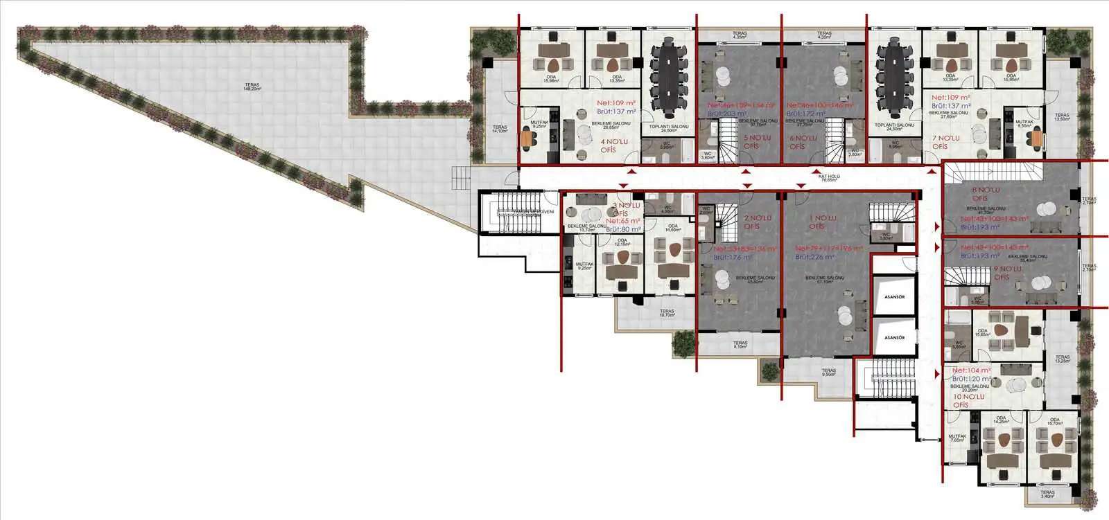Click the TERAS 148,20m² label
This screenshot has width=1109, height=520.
tap(252, 87)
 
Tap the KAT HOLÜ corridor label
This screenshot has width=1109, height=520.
tap(829, 178)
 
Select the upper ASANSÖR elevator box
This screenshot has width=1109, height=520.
tap(894, 297)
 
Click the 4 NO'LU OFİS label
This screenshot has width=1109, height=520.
tap(613, 145)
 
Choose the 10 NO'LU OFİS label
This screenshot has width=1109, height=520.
tap(968, 400)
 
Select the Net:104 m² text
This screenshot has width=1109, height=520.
tap(971, 371)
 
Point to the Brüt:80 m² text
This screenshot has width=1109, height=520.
tap(623, 229)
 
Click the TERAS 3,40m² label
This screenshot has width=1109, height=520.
tap(1047, 495)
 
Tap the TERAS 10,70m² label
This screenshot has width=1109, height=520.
tap(667, 313)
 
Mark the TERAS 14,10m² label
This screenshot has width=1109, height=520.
tap(500, 129)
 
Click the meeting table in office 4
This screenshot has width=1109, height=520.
tap(669, 79)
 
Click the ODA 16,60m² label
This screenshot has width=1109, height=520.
tap(672, 228)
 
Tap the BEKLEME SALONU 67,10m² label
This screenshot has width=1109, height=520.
tap(825, 279)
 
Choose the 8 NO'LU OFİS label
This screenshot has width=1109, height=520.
tap(985, 194)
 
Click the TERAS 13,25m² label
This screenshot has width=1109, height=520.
tap(1062, 359)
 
